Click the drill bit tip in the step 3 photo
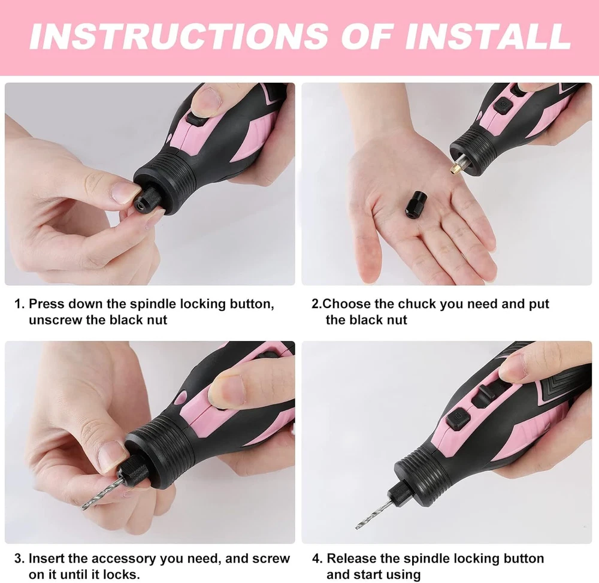pyautogui.click(x=81, y=508)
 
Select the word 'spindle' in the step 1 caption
pyautogui.click(x=153, y=304)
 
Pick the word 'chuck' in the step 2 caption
pyautogui.click(x=417, y=304)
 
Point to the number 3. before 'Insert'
pyautogui.click(x=20, y=558)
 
